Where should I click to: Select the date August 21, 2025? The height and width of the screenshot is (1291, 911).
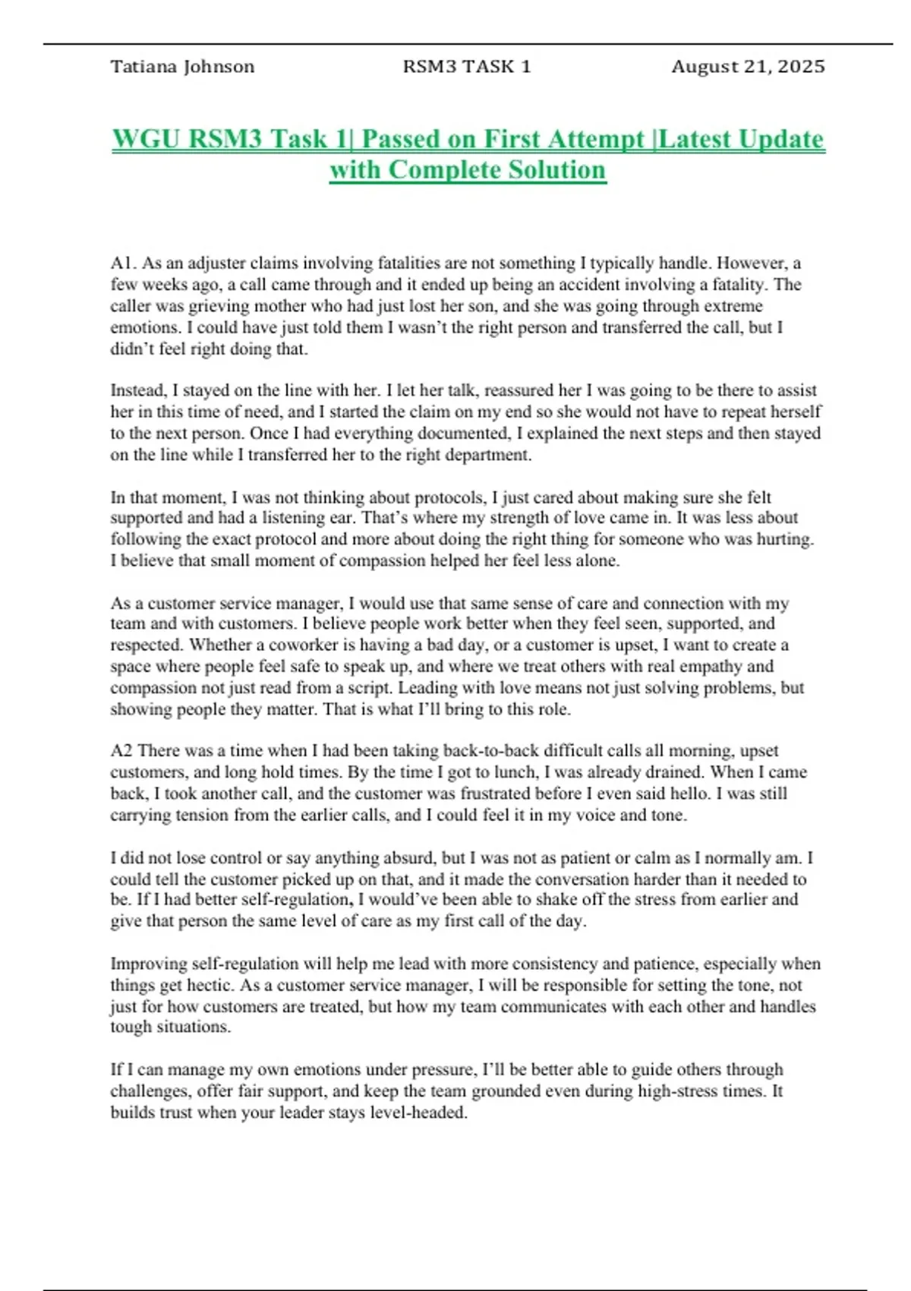748,67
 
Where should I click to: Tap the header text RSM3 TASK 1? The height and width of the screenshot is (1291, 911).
467,67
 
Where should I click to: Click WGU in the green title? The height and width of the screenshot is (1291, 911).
147,139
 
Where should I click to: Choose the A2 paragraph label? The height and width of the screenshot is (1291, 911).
121,751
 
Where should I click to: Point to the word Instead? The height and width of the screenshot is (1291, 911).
137,390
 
